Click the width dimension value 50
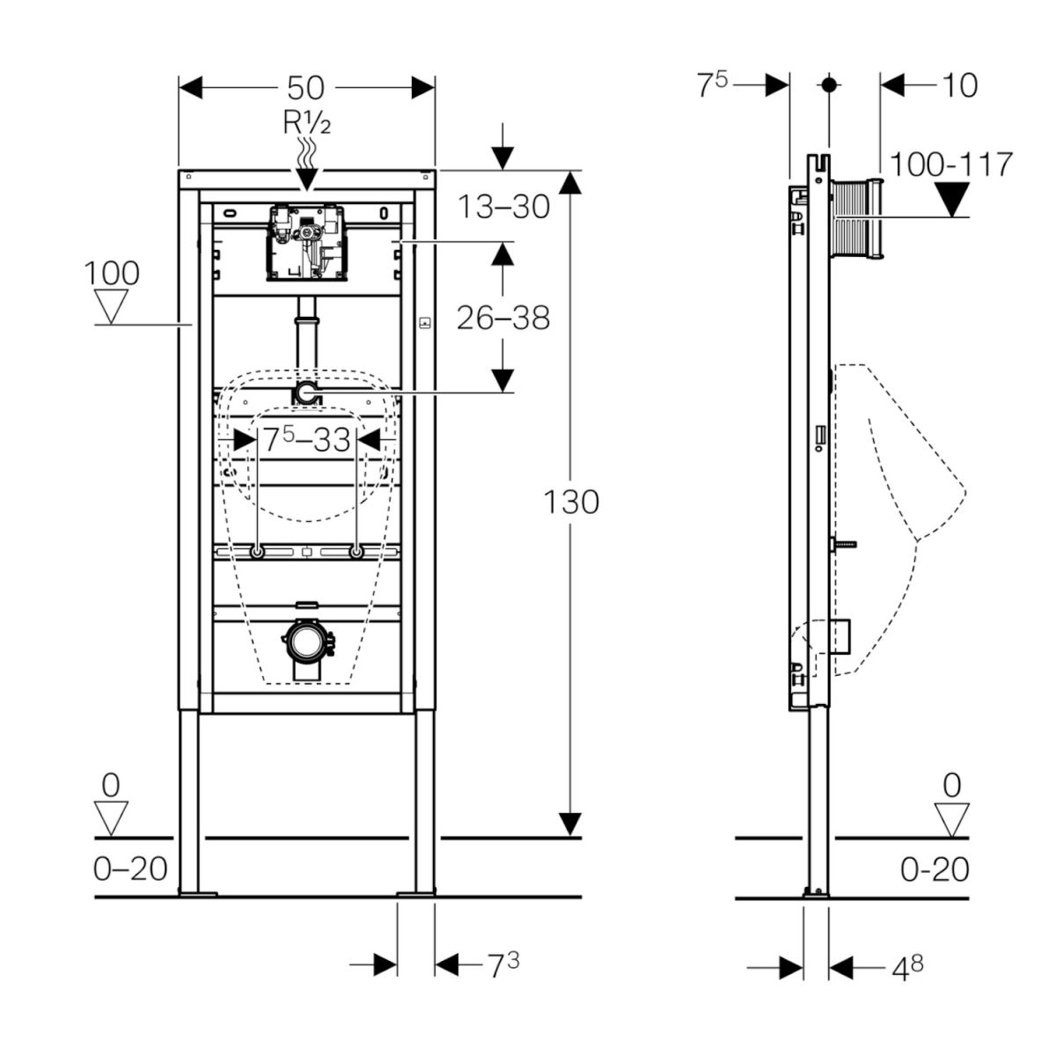pos(306,88)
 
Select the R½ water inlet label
pos(306,123)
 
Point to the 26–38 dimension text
pos(503,317)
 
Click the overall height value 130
pos(570,502)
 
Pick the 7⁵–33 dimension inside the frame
pos(306,439)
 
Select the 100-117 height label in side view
pos(951,165)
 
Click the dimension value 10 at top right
pos(959,85)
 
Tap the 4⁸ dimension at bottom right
pos(907,968)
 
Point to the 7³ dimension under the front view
pos(503,965)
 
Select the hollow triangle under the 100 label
pos(111,307)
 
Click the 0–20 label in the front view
pos(130,869)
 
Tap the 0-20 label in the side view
pos(935,869)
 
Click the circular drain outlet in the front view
pos(306,643)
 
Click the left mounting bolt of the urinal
pos(257,552)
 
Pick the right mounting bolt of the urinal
pos(356,552)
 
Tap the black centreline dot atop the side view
pos(828,85)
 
